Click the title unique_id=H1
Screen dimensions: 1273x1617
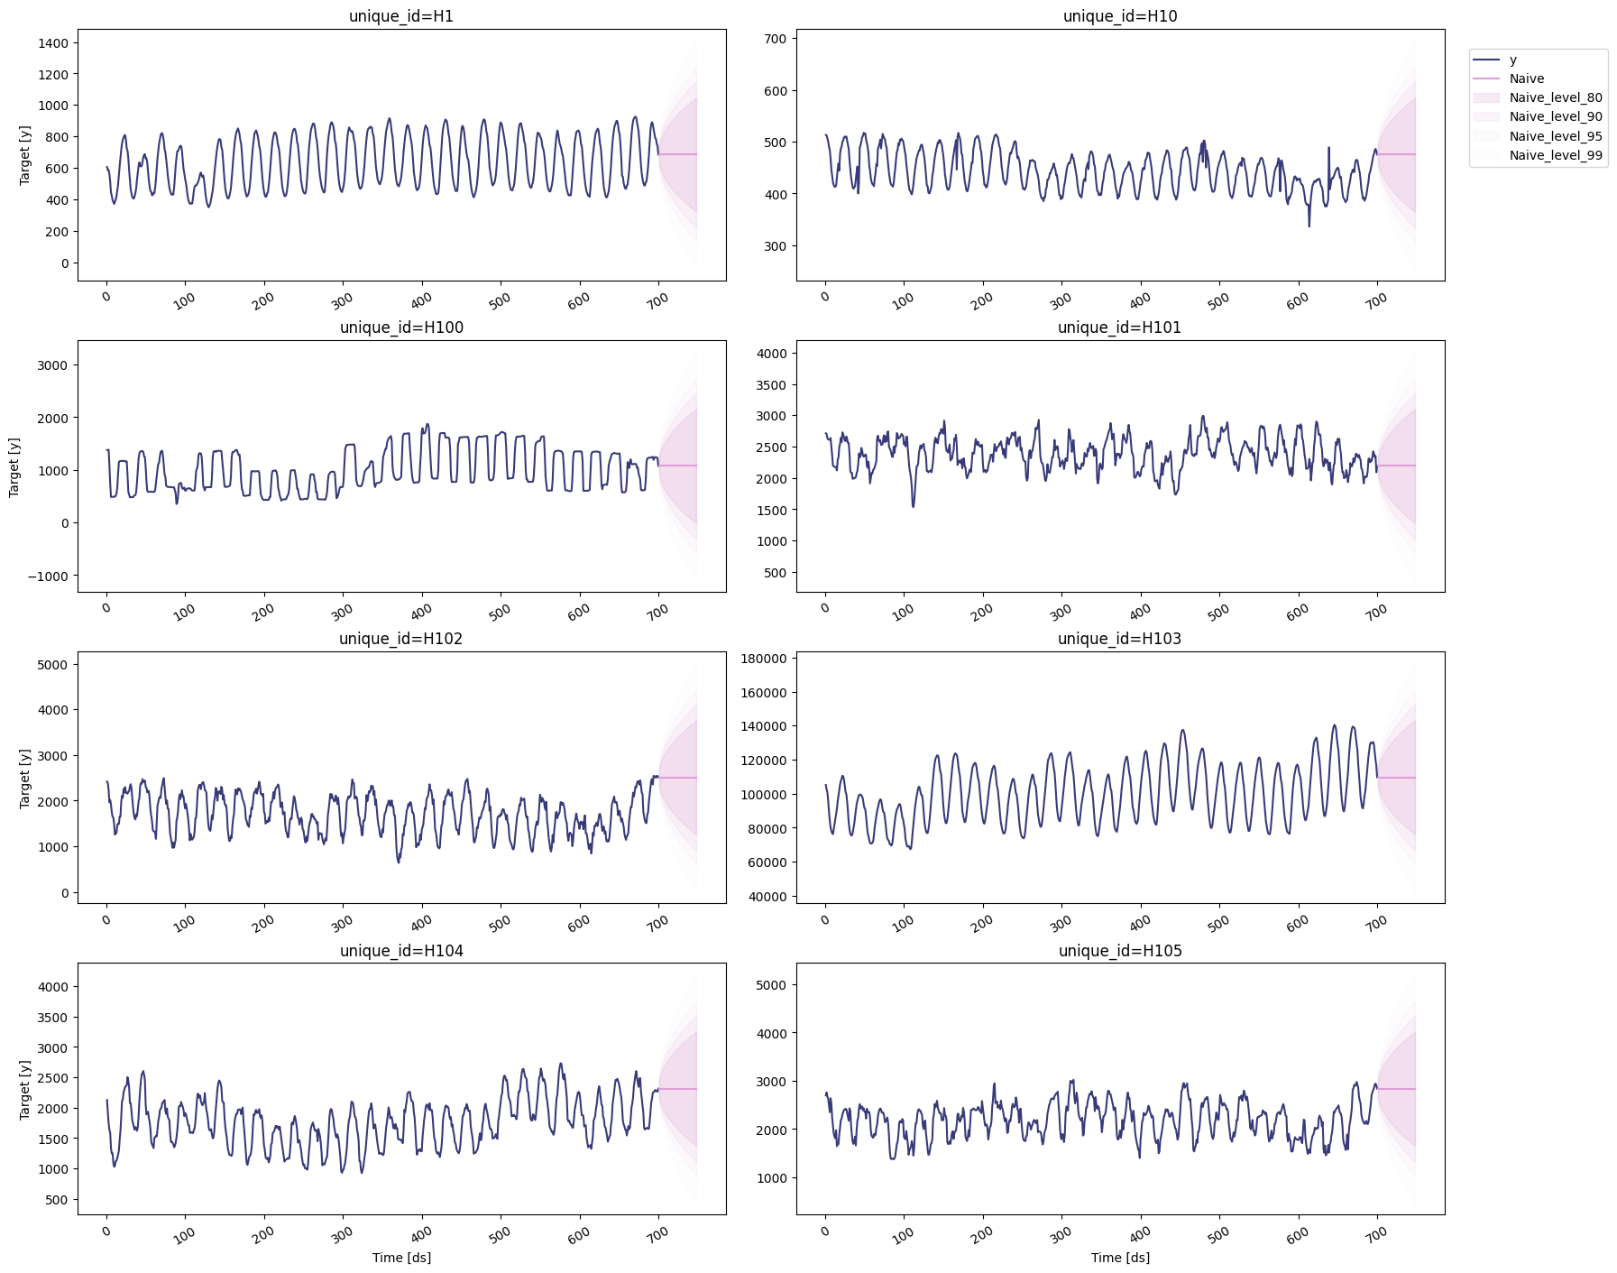(x=401, y=16)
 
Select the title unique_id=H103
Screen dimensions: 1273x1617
(x=1119, y=639)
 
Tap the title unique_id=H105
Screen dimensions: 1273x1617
(x=1119, y=951)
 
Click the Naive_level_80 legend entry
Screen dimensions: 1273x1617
(x=1556, y=97)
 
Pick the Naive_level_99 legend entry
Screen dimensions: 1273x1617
(x=1556, y=155)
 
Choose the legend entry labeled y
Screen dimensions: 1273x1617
(x=1513, y=60)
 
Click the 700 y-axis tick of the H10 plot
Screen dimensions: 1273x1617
(x=776, y=38)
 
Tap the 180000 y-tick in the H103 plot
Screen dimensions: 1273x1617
(x=764, y=659)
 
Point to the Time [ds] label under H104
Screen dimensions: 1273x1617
(x=401, y=1258)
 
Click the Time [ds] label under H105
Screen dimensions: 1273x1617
(x=1119, y=1258)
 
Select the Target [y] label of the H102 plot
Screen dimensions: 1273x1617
(x=24, y=778)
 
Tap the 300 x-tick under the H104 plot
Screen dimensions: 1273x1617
(x=341, y=1235)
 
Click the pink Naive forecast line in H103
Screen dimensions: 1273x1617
(x=1398, y=778)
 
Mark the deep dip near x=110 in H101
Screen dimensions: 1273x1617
(x=913, y=505)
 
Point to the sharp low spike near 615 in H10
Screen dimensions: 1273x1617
(x=1309, y=226)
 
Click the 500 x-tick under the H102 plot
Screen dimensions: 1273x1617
(x=499, y=924)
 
